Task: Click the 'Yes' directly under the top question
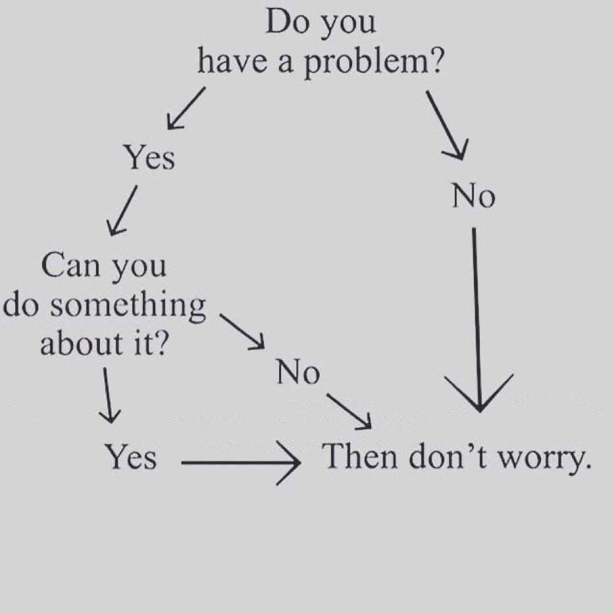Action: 149,158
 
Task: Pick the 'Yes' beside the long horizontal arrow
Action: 131,457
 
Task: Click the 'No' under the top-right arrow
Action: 473,196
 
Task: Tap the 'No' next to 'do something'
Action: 298,372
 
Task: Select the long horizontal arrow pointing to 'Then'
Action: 240,463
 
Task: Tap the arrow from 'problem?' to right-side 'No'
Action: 446,124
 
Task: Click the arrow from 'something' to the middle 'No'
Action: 242,331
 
